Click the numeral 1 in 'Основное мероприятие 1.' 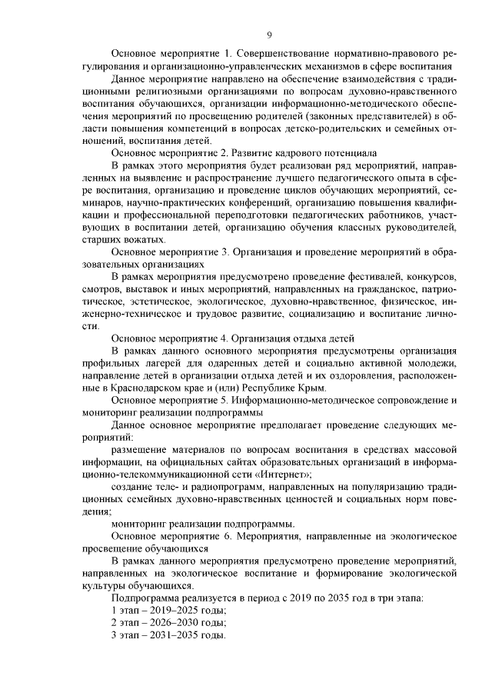[226, 55]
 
